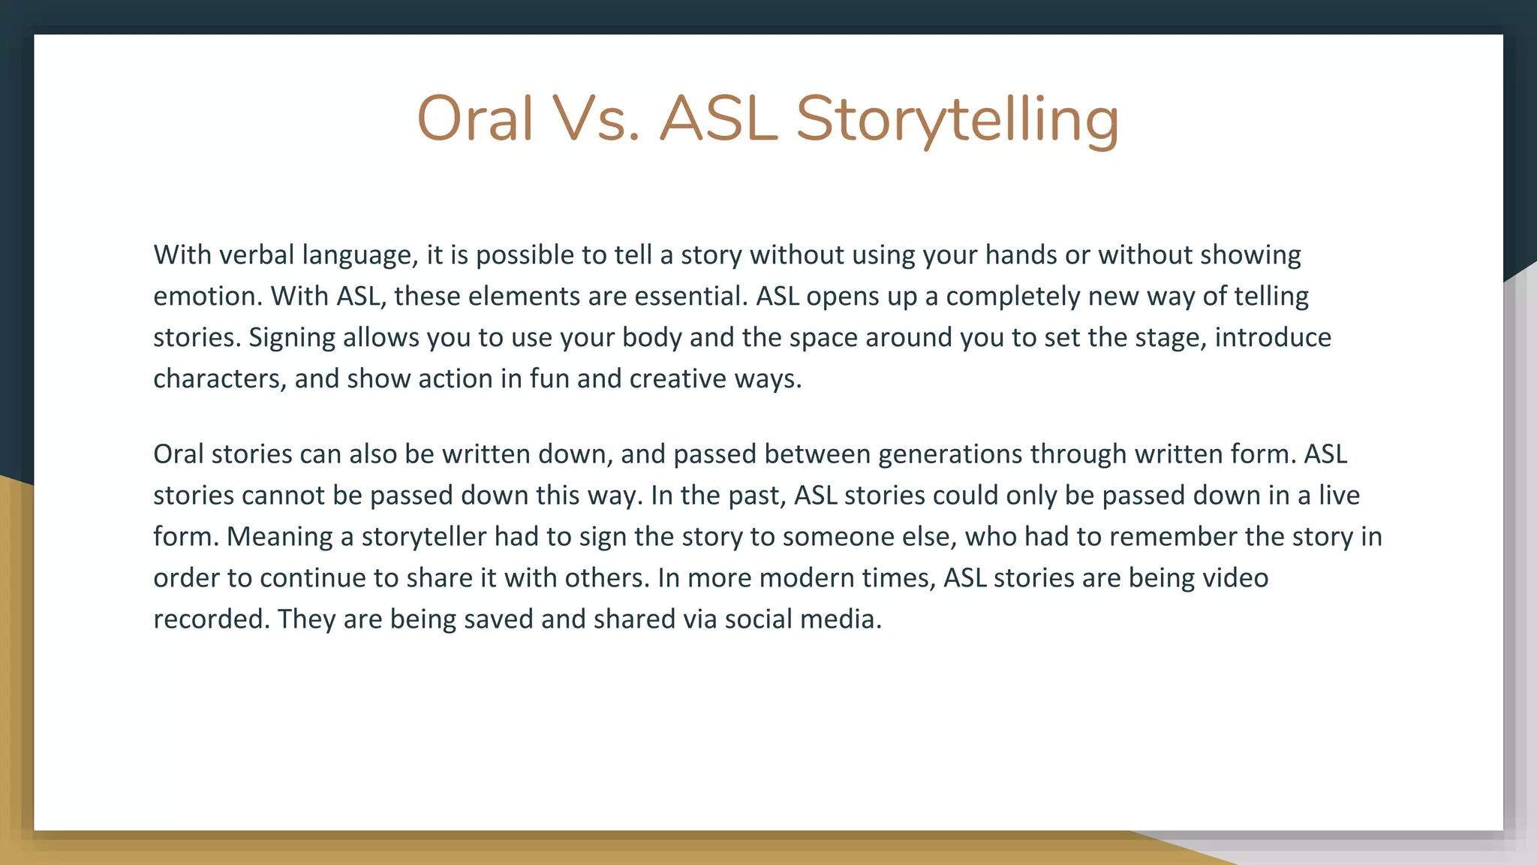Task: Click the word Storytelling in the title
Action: [x=957, y=119]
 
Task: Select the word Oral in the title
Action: [x=474, y=119]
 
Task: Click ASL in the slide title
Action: [x=718, y=119]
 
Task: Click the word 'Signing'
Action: [x=292, y=338]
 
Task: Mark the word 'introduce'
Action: [x=1273, y=338]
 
